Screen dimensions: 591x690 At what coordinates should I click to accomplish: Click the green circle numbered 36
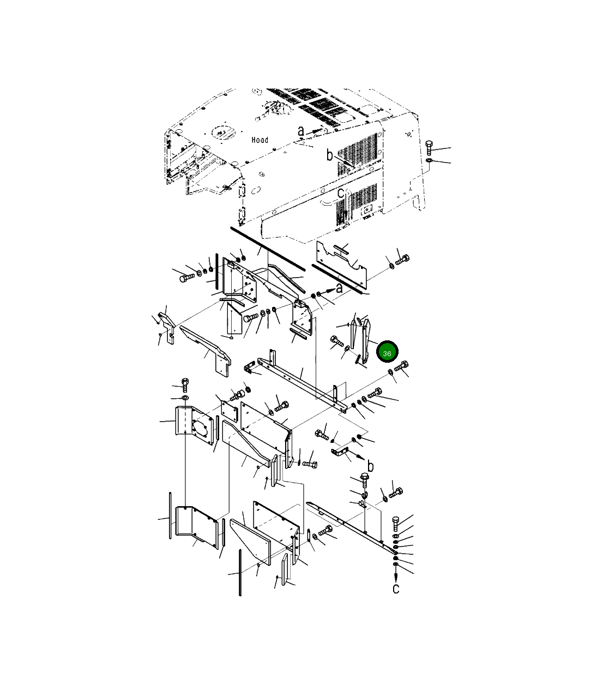tap(387, 351)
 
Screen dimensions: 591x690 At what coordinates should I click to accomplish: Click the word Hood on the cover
tap(260, 140)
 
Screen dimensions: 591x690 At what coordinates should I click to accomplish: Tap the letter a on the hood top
tap(301, 131)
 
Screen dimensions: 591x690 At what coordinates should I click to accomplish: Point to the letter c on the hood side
tap(340, 193)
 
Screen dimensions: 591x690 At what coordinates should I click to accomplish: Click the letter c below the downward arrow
tap(396, 589)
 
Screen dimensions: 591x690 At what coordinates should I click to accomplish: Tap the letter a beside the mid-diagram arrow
tap(339, 288)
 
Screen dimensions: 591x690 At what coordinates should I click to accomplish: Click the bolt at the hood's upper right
tap(429, 147)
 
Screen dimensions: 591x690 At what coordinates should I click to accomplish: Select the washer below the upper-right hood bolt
tap(429, 161)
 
